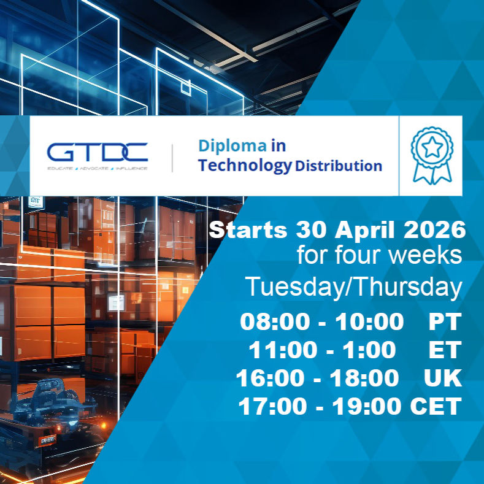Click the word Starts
click(248, 231)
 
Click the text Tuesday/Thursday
click(353, 287)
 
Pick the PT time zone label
click(444, 321)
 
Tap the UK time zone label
click(442, 378)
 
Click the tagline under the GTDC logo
click(97, 167)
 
